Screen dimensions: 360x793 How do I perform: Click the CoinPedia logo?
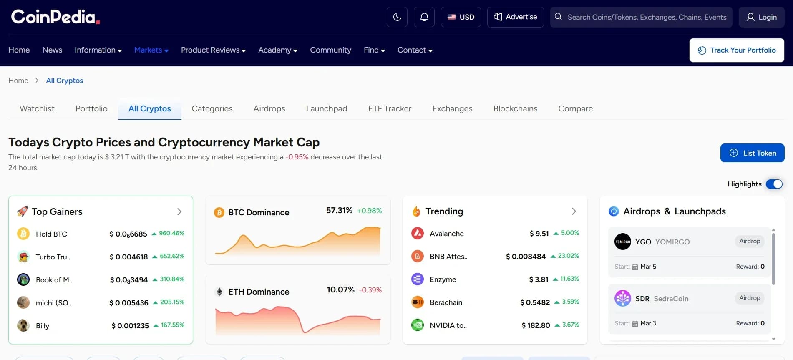(55, 17)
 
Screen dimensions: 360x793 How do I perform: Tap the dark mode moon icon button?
(397, 17)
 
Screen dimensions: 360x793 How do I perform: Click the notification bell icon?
(424, 17)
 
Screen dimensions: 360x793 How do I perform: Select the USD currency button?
(461, 17)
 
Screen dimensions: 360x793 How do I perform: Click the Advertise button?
(515, 17)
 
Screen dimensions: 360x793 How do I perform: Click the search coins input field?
(646, 17)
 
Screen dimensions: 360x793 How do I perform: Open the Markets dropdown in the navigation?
(151, 50)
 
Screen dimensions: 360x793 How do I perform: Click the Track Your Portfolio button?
(737, 50)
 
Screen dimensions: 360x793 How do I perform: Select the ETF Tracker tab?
(389, 108)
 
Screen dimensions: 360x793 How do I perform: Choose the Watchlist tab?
(37, 108)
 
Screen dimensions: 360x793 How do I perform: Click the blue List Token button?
(752, 153)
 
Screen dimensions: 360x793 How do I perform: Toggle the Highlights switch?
(774, 184)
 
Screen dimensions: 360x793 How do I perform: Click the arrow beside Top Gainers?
(179, 212)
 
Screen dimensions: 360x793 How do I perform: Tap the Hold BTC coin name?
(51, 234)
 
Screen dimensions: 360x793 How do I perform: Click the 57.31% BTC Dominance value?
(339, 211)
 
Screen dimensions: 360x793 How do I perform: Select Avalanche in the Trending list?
(446, 234)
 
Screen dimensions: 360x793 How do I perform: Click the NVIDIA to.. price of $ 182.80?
(536, 325)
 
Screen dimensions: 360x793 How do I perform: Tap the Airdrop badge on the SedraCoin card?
(749, 298)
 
